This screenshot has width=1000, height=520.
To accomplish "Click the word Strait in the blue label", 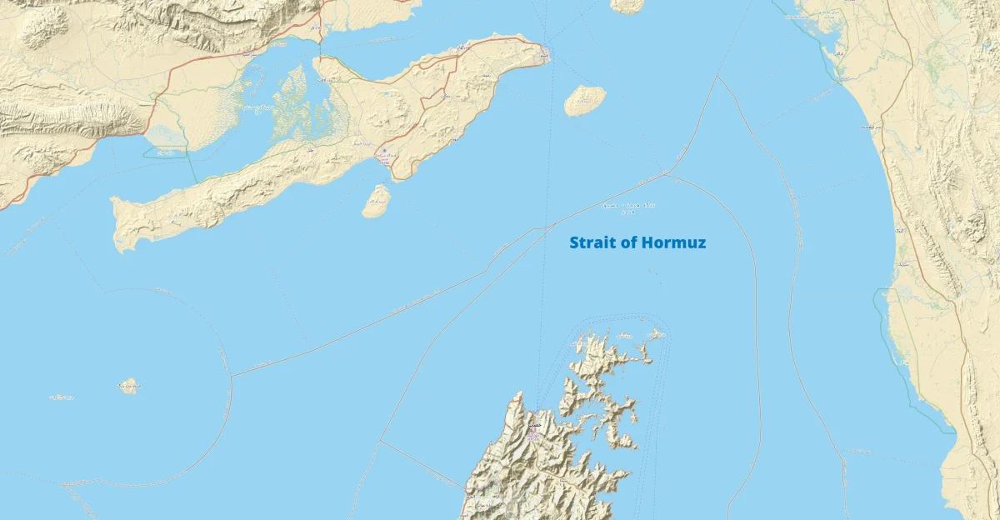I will point(592,243).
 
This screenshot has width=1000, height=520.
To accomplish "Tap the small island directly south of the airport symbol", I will point(377,201).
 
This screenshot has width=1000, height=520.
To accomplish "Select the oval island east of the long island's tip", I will point(584,100).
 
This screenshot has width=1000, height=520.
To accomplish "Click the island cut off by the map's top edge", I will point(627,6).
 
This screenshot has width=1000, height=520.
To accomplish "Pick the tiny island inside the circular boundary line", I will point(128,385).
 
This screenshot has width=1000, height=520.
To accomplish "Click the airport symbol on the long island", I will point(385,151).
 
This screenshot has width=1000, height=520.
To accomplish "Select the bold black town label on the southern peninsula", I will point(534,425).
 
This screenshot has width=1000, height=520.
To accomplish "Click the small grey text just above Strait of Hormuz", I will point(629,207).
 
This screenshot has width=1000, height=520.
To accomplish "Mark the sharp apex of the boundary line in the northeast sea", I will point(717,77).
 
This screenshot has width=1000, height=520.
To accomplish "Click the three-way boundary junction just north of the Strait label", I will point(666,174).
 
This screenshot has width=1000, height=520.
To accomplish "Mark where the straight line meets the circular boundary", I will point(232,376).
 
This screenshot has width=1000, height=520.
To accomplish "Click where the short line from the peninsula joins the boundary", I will point(381,441).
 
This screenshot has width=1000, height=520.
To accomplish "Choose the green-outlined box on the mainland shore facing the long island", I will point(165,152).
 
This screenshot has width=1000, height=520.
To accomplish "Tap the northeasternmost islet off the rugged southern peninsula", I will point(657,334).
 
